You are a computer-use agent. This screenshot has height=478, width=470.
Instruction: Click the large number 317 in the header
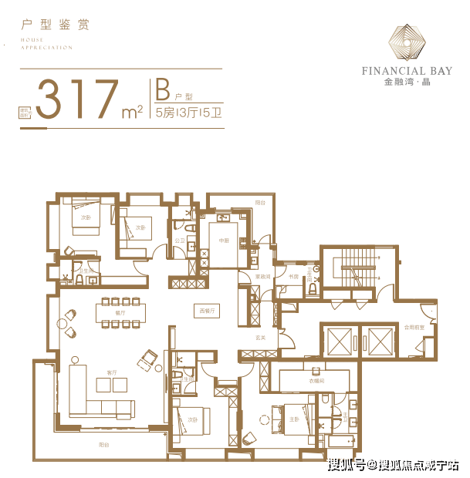(77, 97)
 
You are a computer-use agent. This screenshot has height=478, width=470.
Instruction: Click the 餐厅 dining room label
(120, 313)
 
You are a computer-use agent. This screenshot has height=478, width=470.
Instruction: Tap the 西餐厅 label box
(206, 310)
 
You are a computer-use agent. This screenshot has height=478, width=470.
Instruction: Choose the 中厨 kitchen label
(224, 240)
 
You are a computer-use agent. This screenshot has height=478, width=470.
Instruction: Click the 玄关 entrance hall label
(262, 336)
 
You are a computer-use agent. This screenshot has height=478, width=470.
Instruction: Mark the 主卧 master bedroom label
(294, 419)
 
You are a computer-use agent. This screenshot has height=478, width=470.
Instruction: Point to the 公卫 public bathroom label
(180, 240)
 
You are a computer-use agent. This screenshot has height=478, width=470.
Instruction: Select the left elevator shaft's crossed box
(339, 339)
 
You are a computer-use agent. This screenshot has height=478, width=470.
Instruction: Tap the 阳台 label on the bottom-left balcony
(103, 446)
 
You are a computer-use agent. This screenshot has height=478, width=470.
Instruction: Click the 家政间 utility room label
(262, 276)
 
